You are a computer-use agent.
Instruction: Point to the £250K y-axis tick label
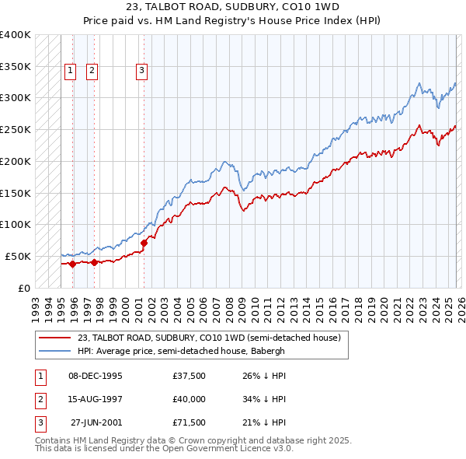16,129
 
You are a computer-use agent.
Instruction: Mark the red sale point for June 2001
144,243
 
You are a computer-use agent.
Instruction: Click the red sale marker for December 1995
72,265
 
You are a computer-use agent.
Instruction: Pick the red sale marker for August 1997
94,262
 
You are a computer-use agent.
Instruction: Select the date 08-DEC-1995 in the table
96,376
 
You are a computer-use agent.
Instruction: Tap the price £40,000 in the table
189,399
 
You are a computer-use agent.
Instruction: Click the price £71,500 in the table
189,422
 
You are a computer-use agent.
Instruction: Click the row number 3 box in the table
40,422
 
